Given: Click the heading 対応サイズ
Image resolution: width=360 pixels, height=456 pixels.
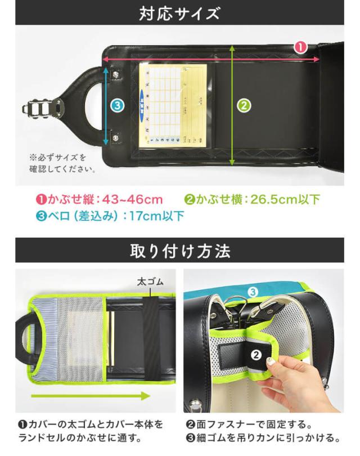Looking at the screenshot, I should tap(179, 13).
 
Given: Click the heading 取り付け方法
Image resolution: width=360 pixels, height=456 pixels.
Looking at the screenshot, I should tap(179, 251).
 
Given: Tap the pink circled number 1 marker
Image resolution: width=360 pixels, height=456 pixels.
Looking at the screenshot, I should tap(301, 48).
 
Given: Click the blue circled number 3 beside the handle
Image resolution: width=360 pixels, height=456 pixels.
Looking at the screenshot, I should tap(116, 105).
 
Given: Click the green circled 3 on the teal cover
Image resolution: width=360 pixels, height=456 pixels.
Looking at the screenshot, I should tap(253, 292).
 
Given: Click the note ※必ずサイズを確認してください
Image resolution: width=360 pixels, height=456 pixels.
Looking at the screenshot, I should tap(62, 163).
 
